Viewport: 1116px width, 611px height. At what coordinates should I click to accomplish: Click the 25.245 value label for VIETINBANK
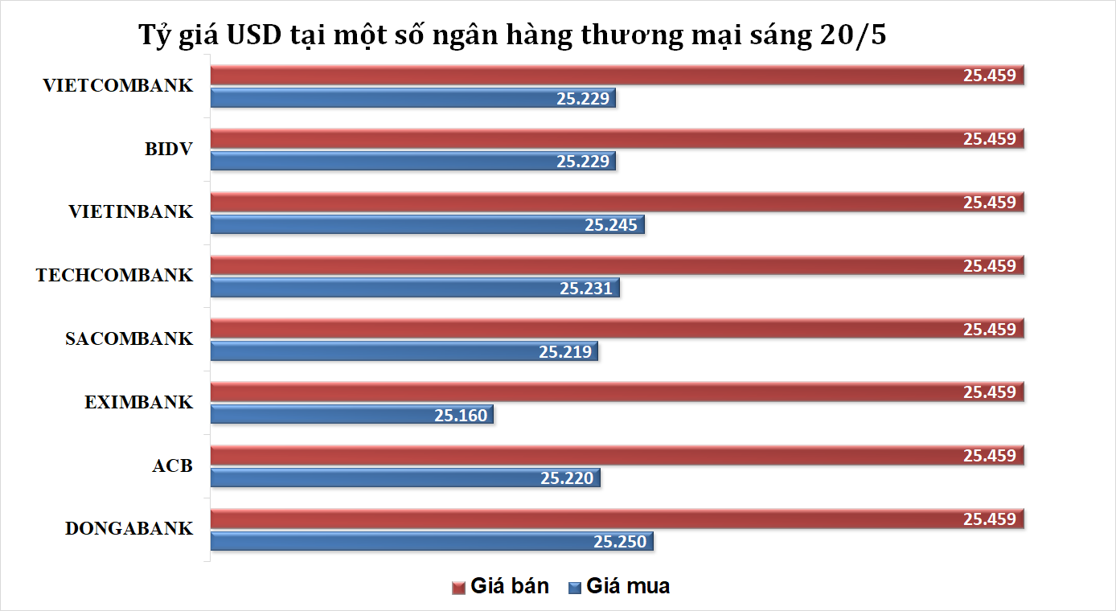pyautogui.click(x=611, y=225)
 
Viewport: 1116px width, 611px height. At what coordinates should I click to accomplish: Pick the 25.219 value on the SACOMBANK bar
pyautogui.click(x=565, y=351)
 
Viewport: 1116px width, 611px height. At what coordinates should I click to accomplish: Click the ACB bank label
pyautogui.click(x=172, y=465)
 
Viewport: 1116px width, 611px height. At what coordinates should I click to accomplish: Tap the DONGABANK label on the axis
pyautogui.click(x=129, y=529)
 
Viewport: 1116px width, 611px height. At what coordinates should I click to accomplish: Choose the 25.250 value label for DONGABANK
pyautogui.click(x=620, y=542)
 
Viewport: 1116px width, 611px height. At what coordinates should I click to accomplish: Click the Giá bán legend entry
pyautogui.click(x=501, y=586)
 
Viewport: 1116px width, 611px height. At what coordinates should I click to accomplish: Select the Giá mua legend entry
pyautogui.click(x=618, y=586)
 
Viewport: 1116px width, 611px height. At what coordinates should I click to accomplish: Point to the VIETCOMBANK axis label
pyautogui.click(x=118, y=85)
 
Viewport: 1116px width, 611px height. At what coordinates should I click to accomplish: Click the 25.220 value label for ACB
pyautogui.click(x=567, y=478)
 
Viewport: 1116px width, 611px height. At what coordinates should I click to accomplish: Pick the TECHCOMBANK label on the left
pyautogui.click(x=115, y=276)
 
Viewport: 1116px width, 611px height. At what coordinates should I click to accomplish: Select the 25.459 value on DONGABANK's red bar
pyautogui.click(x=990, y=519)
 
